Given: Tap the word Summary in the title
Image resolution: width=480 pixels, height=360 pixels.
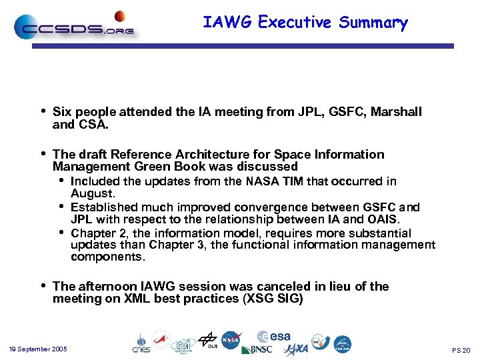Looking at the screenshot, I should click(373, 22).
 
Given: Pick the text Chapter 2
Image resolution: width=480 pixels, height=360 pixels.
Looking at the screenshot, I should click(97, 233).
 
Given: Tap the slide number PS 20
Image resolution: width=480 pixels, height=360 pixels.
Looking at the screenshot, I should click(461, 350).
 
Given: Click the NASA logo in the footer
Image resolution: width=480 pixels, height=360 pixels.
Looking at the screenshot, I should click(231, 340).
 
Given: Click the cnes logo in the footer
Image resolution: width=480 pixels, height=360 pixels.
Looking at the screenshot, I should click(141, 344).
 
